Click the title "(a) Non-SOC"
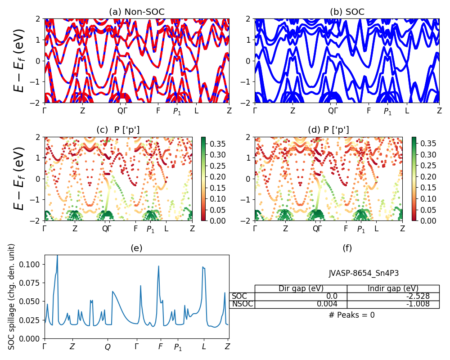[137, 12]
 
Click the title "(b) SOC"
[347, 12]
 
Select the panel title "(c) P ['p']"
[118, 130]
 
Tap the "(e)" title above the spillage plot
[137, 248]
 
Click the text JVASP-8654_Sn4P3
[364, 273]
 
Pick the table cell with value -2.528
[393, 297]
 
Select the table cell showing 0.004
[301, 304]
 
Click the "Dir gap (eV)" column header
[301, 289]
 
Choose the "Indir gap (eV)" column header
[393, 289]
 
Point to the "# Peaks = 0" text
[351, 315]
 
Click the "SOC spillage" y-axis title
[12, 297]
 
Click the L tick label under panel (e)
[204, 347]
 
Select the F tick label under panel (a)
[158, 111]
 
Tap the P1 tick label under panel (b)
[387, 111]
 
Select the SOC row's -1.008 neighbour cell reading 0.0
[301, 297]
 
